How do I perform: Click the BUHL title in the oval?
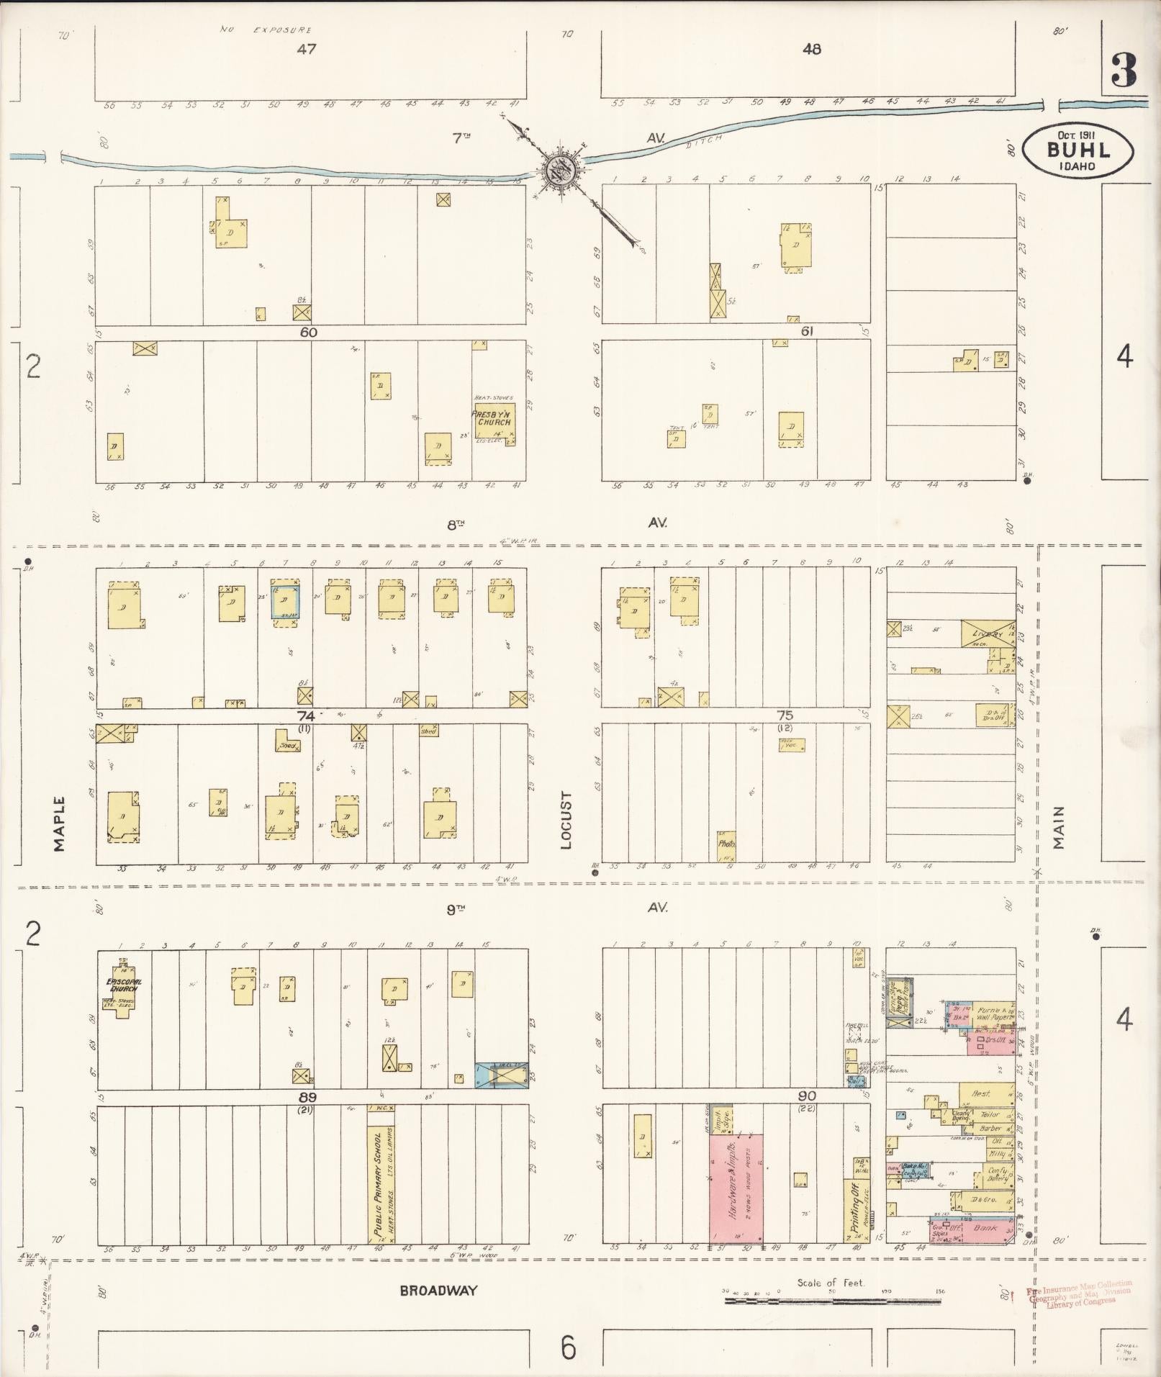coord(1079,150)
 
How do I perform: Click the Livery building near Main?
coord(988,633)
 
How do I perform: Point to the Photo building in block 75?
coord(726,845)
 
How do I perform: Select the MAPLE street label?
coord(59,823)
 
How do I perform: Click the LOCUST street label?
coord(566,820)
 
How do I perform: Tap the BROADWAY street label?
coord(438,1290)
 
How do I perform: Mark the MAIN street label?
coord(1058,827)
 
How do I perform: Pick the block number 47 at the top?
coord(307,50)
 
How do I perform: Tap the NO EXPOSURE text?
coord(266,30)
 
